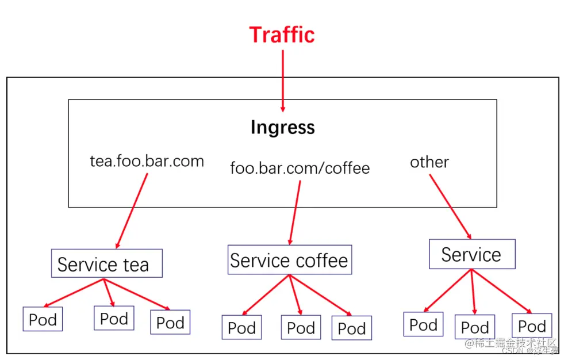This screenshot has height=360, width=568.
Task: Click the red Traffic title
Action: (282, 35)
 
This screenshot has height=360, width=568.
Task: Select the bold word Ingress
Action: (282, 127)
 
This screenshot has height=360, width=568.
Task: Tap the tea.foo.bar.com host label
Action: (147, 161)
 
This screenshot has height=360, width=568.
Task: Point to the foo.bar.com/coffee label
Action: (300, 168)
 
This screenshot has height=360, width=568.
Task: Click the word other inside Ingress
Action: (429, 162)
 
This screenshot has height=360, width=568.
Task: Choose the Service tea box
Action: (106, 264)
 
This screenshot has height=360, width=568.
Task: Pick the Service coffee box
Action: (289, 260)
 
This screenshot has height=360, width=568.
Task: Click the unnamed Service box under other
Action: (472, 254)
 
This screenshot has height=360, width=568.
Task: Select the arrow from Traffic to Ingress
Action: (283, 81)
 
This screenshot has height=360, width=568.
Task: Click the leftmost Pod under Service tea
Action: (43, 319)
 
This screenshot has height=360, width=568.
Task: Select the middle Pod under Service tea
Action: (114, 318)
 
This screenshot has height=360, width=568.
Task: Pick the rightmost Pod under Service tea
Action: (170, 322)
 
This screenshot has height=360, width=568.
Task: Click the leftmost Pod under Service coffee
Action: (241, 328)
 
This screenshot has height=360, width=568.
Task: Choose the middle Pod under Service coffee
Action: (301, 328)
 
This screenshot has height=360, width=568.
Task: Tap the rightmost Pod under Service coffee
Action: (351, 328)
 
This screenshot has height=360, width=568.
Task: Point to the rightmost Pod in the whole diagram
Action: (532, 325)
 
